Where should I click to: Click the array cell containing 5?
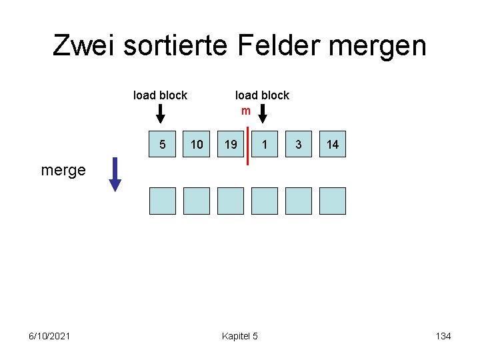click(x=163, y=144)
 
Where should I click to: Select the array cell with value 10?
click(x=197, y=144)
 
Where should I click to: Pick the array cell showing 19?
click(x=231, y=144)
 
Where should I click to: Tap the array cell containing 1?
click(x=265, y=144)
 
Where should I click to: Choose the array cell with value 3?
click(x=299, y=144)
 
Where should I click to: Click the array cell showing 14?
click(x=333, y=144)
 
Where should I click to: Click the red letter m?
click(x=245, y=111)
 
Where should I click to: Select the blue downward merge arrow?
click(x=115, y=174)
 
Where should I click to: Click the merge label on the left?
click(x=63, y=170)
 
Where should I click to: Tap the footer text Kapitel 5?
click(x=239, y=336)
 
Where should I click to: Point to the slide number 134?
click(x=443, y=336)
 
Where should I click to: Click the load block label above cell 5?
click(x=160, y=95)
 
